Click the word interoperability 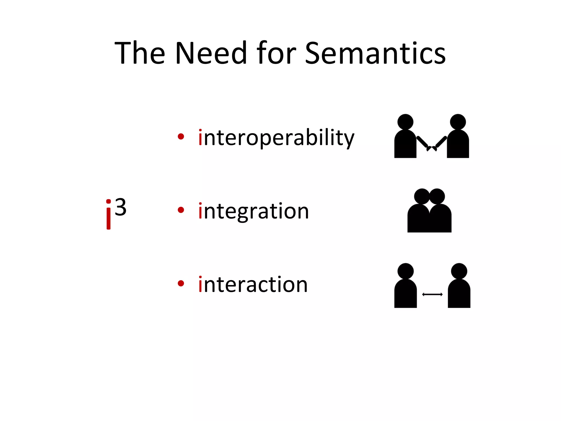[277, 138]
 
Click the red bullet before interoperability [181, 136]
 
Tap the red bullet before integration [181, 210]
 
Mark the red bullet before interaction [181, 283]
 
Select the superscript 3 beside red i [121, 207]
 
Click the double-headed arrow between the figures [432, 294]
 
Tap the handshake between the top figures [432, 148]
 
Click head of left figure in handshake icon [405, 122]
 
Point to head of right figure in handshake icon [458, 122]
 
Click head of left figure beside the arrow [405, 271]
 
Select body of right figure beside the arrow [459, 295]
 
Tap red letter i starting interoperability [200, 138]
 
